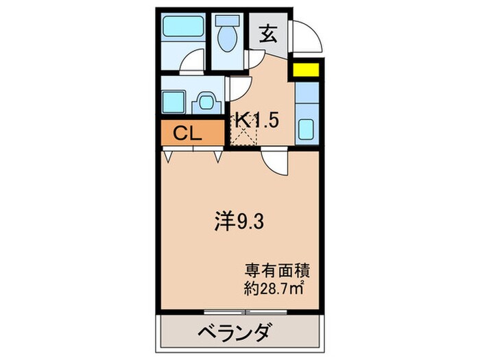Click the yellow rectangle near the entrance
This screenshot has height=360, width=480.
click(x=306, y=70)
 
